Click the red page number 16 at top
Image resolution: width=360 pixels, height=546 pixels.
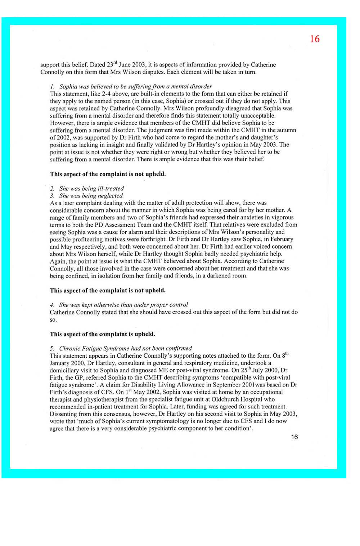[x=314, y=39]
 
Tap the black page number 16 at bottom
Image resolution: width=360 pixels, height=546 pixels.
[x=294, y=437]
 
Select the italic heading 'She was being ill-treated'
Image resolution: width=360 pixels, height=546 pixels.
[x=91, y=188]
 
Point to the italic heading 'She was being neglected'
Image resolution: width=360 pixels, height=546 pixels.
[x=91, y=196]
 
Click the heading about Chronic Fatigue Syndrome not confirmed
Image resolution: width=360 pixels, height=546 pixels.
[x=125, y=348]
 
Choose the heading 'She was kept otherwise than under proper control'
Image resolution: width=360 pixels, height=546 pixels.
[x=123, y=305]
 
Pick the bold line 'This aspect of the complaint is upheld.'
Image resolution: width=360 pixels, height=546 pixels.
[x=102, y=334]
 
